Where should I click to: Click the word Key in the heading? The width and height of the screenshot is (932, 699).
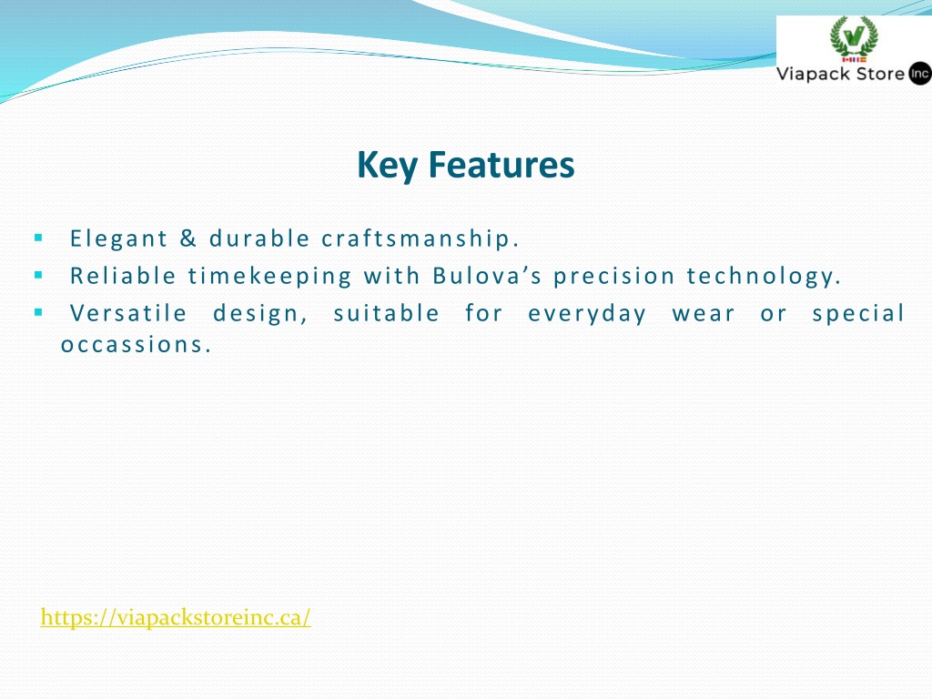387,166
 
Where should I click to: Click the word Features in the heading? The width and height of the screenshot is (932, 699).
501,165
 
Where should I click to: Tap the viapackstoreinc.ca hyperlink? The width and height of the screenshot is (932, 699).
176,617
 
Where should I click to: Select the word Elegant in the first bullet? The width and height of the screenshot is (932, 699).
119,238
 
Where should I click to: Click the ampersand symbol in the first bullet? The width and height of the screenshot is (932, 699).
188,238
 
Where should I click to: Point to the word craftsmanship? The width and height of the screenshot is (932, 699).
420,238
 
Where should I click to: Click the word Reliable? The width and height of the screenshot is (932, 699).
123,276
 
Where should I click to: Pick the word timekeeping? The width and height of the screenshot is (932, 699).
270,277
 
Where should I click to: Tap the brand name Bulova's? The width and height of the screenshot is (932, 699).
488,276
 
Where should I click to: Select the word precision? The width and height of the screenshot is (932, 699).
614,277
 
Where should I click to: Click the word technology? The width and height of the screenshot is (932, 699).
764,277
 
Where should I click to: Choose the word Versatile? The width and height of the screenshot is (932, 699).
128,313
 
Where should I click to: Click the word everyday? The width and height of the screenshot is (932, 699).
587,314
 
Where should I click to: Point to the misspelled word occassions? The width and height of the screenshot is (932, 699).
137,345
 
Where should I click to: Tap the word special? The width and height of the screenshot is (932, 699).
858,314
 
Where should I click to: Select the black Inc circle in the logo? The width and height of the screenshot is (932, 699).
919,74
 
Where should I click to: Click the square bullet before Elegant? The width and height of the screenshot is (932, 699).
38,238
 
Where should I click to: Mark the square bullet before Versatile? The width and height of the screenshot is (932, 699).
38,312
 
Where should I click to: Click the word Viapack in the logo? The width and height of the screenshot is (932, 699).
814,75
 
